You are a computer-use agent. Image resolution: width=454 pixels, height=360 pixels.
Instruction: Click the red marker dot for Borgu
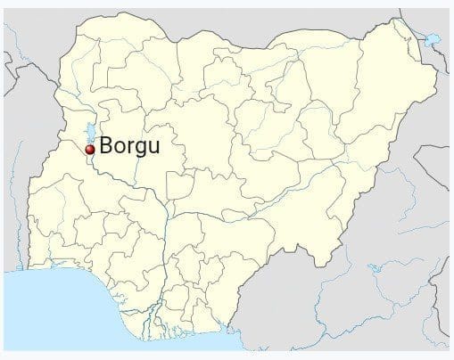[89, 150]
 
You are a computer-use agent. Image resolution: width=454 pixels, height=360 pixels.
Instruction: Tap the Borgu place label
[130, 146]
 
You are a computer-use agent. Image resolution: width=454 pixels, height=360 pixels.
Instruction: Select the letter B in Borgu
[107, 146]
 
